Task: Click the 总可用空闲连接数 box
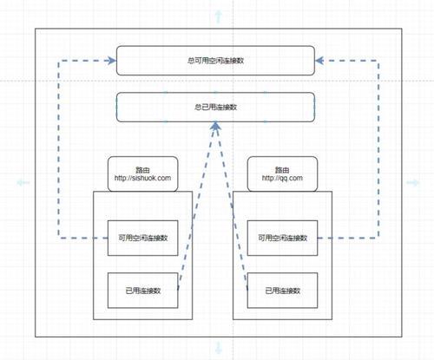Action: (215, 61)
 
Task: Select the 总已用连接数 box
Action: (215, 107)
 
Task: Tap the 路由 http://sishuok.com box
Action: (142, 174)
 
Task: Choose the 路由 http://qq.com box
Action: (282, 174)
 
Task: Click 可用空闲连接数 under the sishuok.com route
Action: (143, 238)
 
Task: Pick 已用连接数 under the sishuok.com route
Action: (143, 291)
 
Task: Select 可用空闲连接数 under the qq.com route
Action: (282, 238)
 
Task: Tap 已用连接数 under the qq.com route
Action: (282, 291)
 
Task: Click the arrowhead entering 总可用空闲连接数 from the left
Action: (111, 61)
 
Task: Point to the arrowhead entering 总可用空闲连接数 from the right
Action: (319, 61)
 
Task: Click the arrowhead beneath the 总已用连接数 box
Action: (215, 126)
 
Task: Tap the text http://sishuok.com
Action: (142, 178)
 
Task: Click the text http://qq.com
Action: (282, 178)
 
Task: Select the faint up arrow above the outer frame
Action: (219, 16)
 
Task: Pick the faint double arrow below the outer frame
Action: (219, 348)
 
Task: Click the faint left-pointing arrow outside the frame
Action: (23, 182)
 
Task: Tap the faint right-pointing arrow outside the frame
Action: (413, 182)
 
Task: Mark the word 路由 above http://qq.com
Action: (282, 170)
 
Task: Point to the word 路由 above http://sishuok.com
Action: (142, 170)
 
